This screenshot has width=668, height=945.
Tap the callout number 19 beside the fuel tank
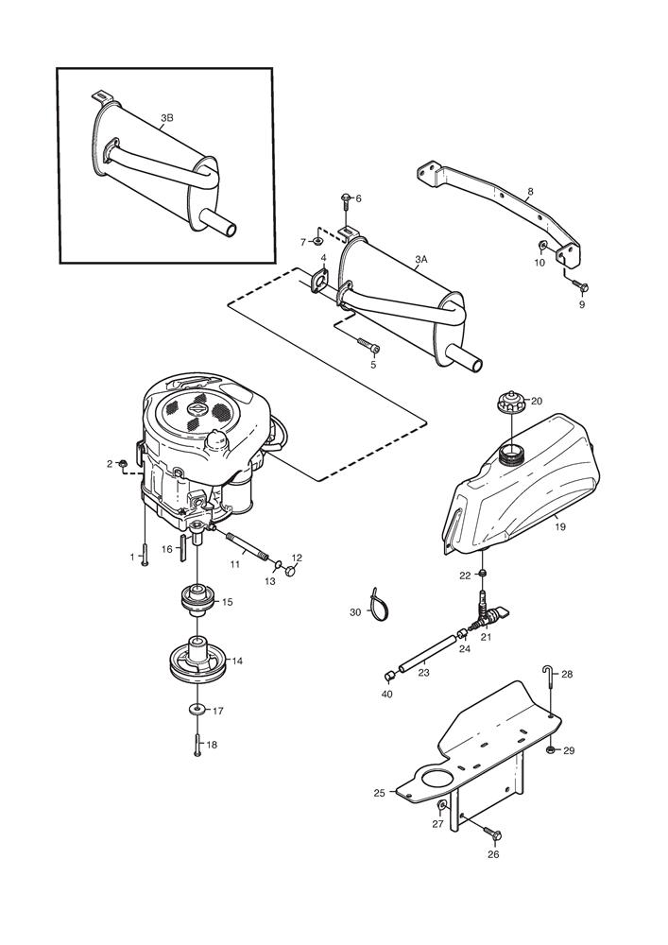pyautogui.click(x=560, y=527)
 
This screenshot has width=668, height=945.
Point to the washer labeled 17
pyautogui.click(x=196, y=710)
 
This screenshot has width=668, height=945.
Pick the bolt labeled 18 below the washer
pyautogui.click(x=197, y=745)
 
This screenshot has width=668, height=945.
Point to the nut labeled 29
pyautogui.click(x=550, y=749)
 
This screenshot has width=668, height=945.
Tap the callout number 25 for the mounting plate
pyautogui.click(x=379, y=793)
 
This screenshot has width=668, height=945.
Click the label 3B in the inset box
pyautogui.click(x=166, y=118)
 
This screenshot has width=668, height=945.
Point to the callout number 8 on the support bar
pyautogui.click(x=530, y=192)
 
